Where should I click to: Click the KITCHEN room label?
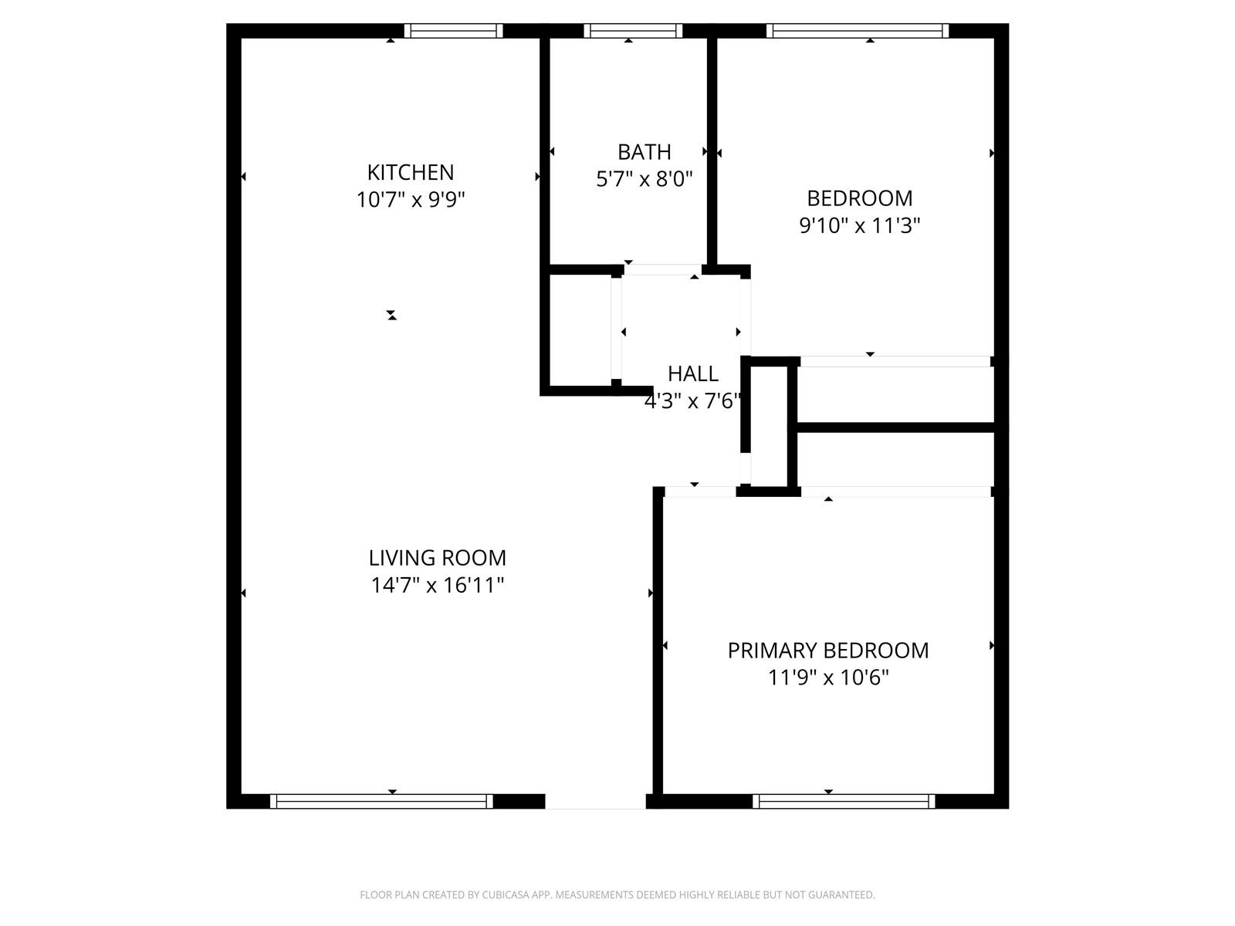coord(410,173)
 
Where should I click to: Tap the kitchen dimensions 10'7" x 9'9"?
coord(410,200)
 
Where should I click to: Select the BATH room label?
coord(645,152)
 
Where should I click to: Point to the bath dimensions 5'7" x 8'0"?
coord(645,179)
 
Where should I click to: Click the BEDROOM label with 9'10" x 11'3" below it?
coord(860,198)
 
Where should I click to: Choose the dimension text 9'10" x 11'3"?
coord(860,226)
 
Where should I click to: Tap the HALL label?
coord(692,374)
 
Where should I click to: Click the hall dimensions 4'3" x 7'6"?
coord(692,401)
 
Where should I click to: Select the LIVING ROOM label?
coord(437,558)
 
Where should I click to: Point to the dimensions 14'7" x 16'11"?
coord(437,586)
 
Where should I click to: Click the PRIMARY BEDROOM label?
coord(828,651)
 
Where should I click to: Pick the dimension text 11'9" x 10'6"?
coord(828,678)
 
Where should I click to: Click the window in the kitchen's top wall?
coord(454,31)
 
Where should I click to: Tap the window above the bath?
coord(633,31)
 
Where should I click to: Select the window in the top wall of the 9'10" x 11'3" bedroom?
coord(858,31)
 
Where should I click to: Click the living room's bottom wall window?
coord(381,801)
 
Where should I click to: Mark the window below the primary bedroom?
coord(844,801)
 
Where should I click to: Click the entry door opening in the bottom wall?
coord(595,801)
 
